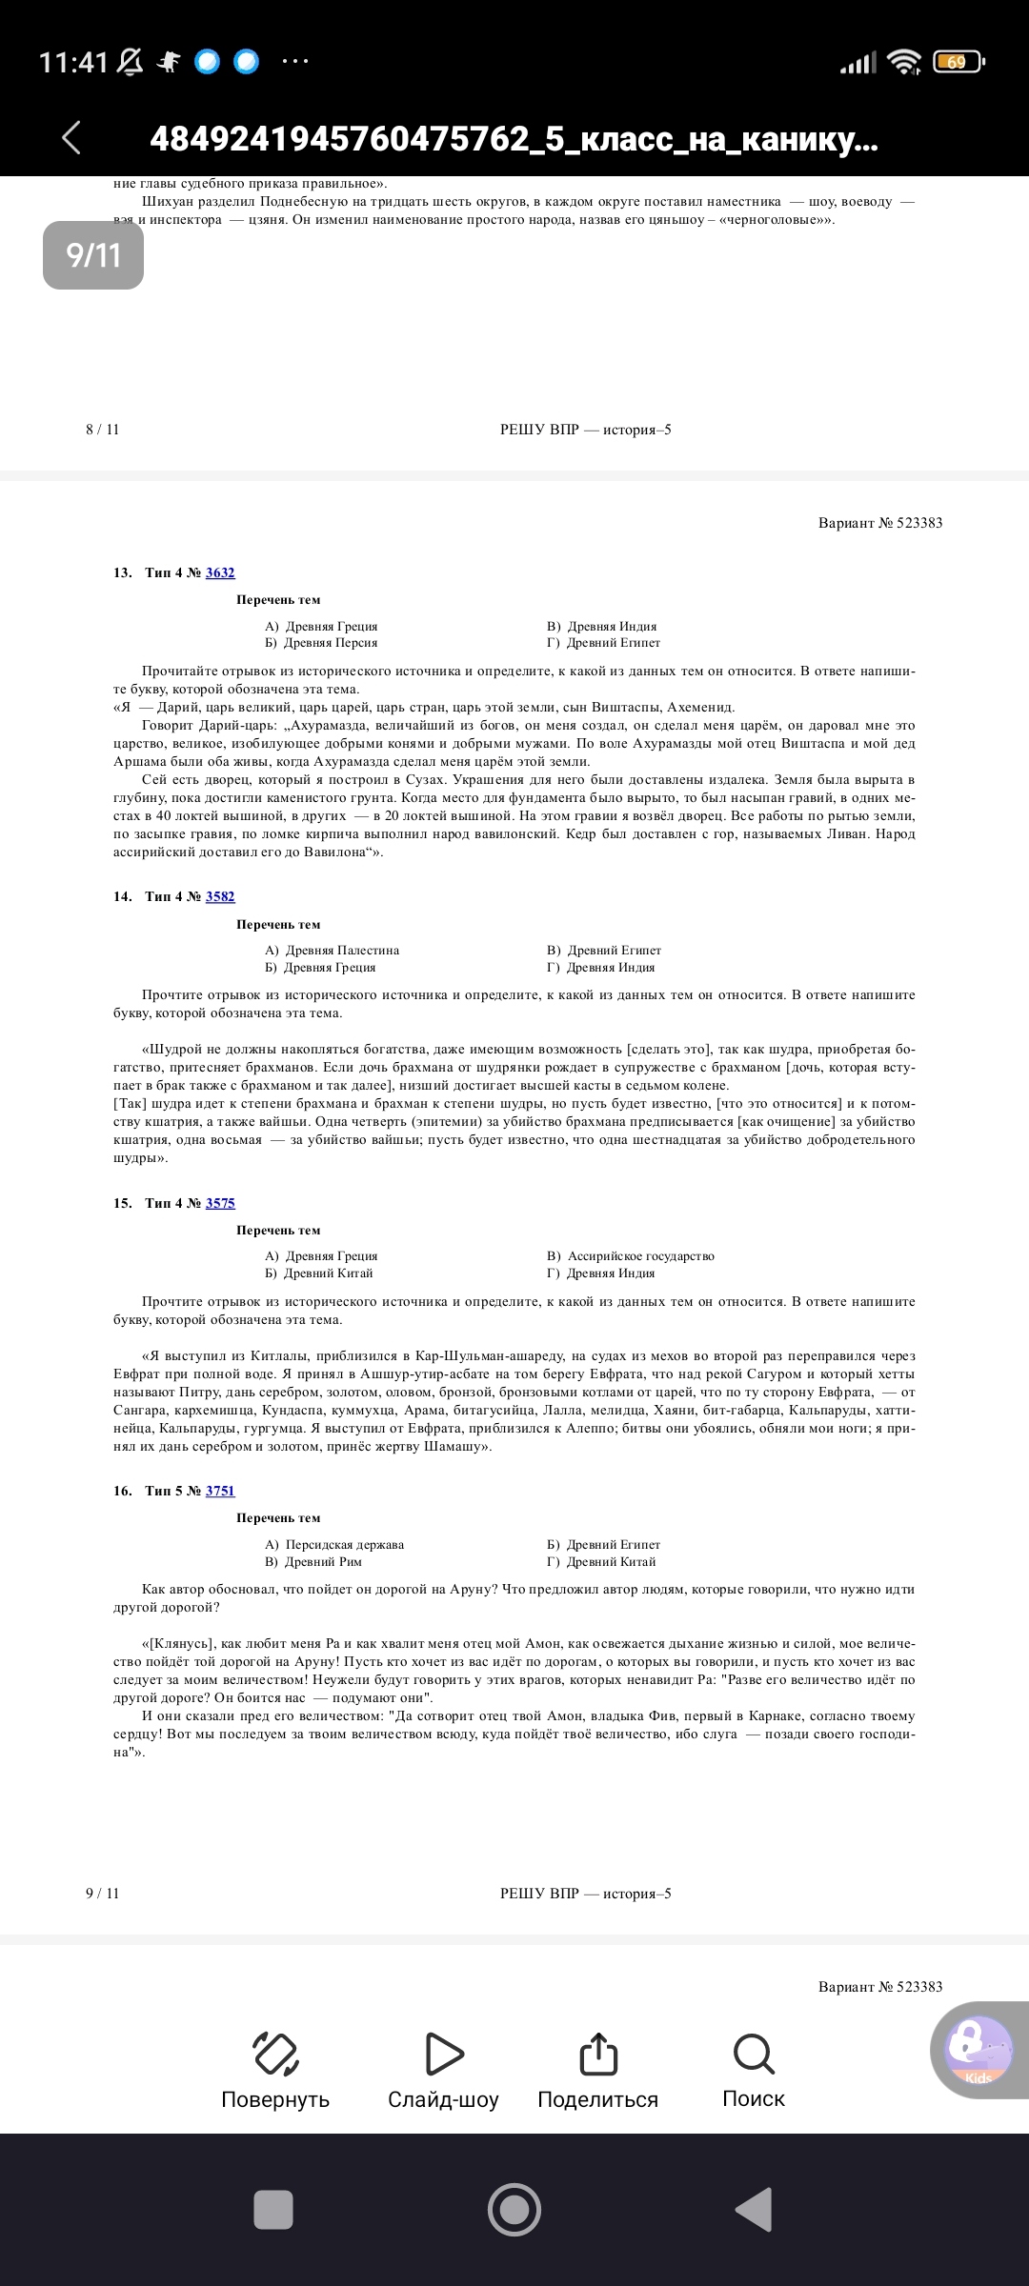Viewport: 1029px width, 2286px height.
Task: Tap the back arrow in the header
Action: click(x=71, y=137)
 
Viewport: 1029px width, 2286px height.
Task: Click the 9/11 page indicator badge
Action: click(x=93, y=255)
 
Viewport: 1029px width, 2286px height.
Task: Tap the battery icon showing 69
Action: click(x=958, y=62)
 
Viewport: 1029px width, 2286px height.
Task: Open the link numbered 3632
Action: click(x=220, y=572)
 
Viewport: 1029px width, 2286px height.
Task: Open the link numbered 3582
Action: click(x=220, y=896)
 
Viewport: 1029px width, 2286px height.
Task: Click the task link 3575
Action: click(x=220, y=1203)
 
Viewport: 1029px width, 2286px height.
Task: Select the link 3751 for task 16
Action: click(x=220, y=1491)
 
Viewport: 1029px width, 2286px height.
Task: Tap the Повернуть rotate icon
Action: click(x=275, y=2054)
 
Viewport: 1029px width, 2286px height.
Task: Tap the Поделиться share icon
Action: click(x=598, y=2054)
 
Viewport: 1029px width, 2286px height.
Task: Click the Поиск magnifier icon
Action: click(x=754, y=2054)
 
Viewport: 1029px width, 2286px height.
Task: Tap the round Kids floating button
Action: click(x=979, y=2050)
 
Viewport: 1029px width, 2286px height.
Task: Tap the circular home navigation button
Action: click(x=514, y=2210)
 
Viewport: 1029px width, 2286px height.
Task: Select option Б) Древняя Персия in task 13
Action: click(x=322, y=643)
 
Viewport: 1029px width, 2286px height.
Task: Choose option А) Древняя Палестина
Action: click(x=333, y=950)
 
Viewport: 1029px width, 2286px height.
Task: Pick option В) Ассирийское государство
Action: click(x=631, y=1256)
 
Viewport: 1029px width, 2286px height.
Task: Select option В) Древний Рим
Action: click(x=313, y=1562)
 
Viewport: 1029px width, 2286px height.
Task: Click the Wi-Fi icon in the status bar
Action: click(x=902, y=62)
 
